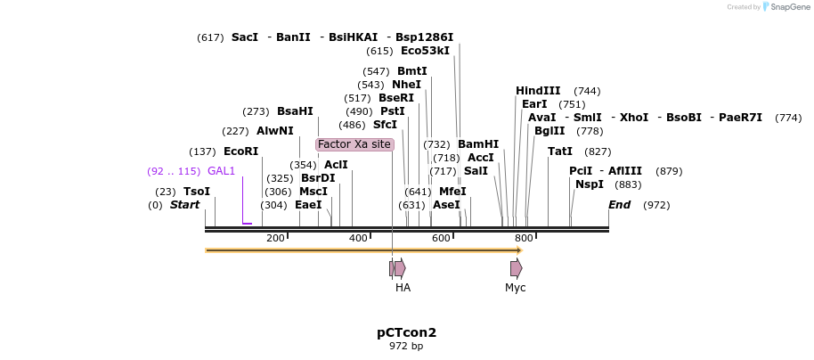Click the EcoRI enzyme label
coord(240,151)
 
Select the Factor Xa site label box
coord(354,144)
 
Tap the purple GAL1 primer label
coord(221,171)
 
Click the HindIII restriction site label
coord(538,91)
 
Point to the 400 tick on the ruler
coord(358,238)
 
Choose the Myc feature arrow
coord(516,268)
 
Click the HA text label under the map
coord(403,288)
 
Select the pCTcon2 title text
coord(406,332)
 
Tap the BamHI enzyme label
coord(478,144)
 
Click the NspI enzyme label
coord(590,184)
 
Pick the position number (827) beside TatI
coord(598,151)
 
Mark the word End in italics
coord(620,205)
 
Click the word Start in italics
coord(184,205)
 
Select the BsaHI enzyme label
coord(295,111)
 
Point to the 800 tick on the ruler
coord(524,238)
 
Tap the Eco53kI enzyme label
coord(425,51)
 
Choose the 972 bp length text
coord(406,346)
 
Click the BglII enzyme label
coord(549,131)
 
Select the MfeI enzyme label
coord(452,192)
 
